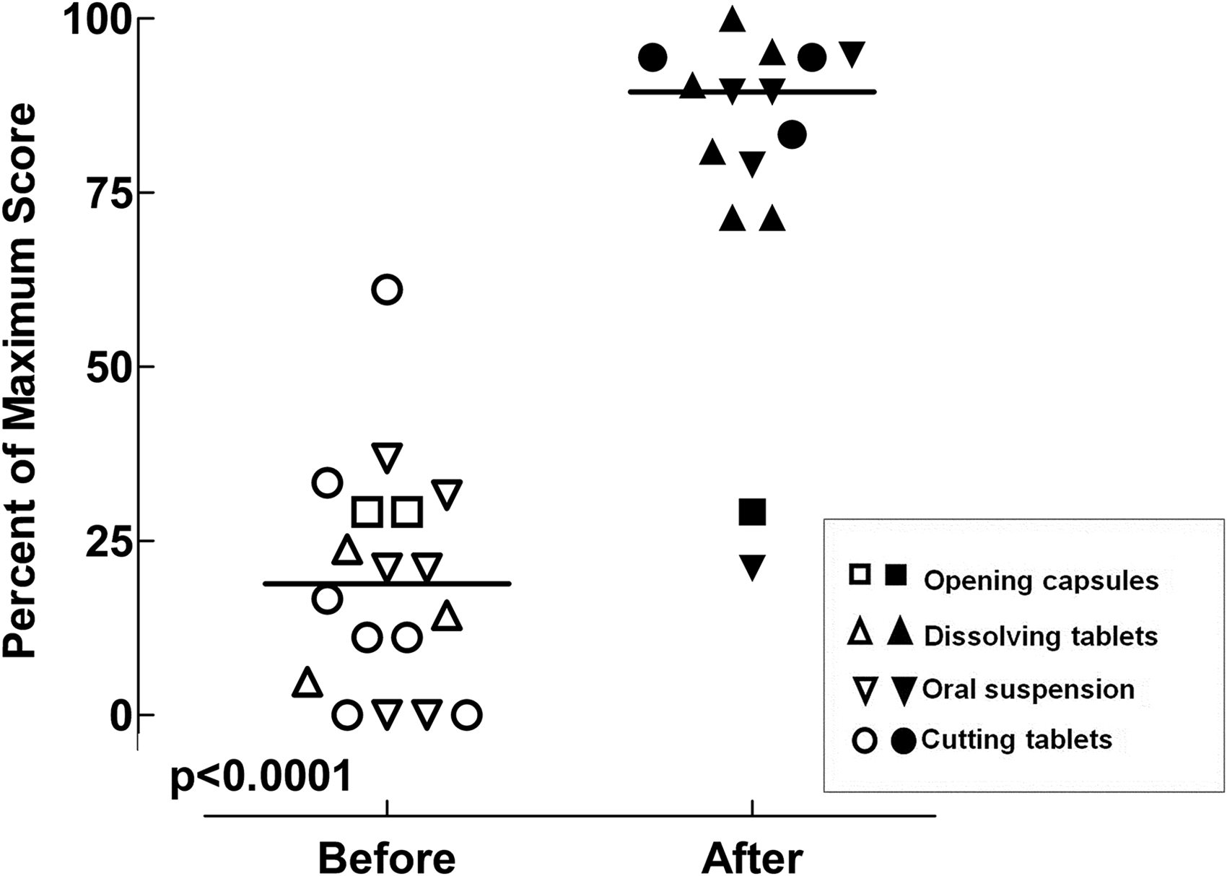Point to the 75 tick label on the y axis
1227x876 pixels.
tap(108, 194)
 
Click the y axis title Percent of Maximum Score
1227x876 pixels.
tap(19, 381)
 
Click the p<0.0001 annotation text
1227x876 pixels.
tap(261, 777)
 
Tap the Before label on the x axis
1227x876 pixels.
tap(387, 858)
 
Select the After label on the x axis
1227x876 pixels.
tap(752, 858)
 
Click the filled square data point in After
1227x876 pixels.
tap(752, 513)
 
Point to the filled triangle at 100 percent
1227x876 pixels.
tap(733, 19)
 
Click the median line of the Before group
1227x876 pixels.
tap(387, 584)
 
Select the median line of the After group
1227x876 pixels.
tap(752, 92)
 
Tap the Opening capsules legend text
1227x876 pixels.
tap(1042, 581)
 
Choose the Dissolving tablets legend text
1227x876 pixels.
tap(1042, 636)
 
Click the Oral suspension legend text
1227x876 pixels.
tap(1029, 689)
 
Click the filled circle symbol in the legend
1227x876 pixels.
tap(903, 741)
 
